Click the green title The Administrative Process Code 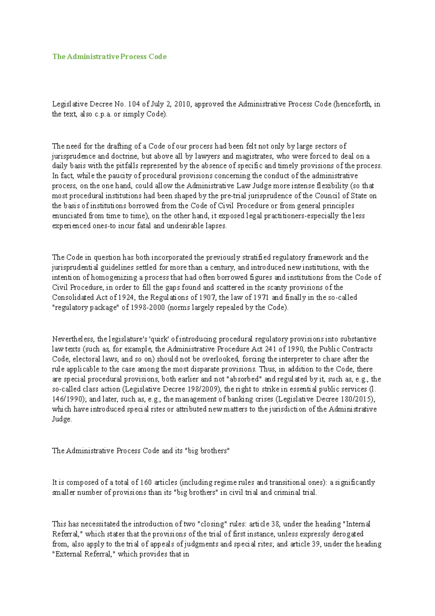point(109,57)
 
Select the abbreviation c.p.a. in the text point(103,114)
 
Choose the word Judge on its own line point(62,419)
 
